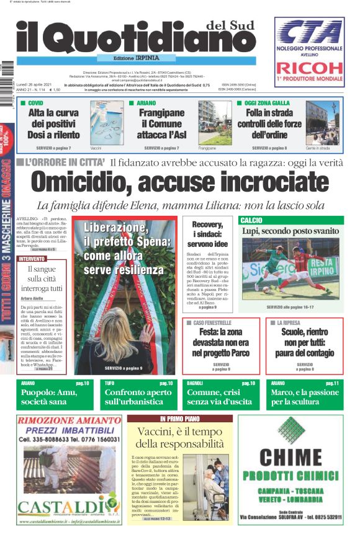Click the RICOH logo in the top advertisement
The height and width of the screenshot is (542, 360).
tap(309, 68)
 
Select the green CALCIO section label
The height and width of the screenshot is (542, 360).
tap(251, 220)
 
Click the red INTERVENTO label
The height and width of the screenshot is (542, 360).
tap(32, 258)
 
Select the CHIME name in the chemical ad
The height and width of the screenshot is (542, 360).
tap(290, 458)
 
